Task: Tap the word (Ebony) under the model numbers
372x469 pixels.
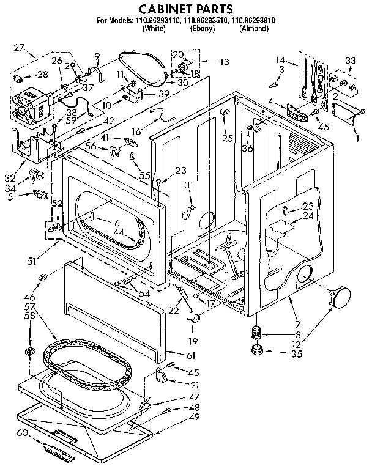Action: click(x=201, y=29)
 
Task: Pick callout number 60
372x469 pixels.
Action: click(x=22, y=432)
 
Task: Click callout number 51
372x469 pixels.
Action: click(x=31, y=261)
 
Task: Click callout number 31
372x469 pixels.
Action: click(x=190, y=186)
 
